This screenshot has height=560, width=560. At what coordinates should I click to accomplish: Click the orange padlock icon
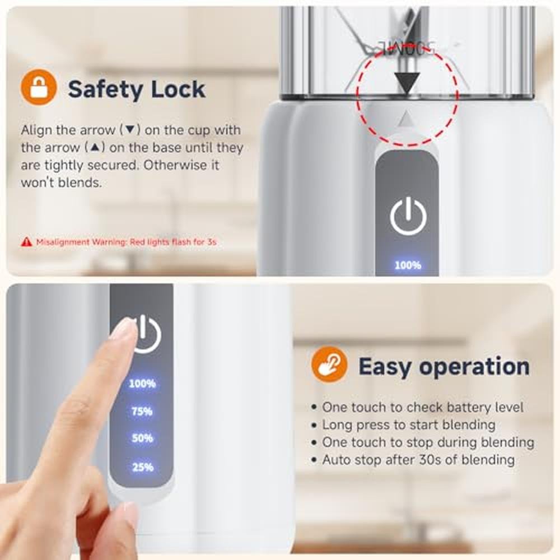[39, 87]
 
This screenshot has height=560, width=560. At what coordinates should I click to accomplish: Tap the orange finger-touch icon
[329, 365]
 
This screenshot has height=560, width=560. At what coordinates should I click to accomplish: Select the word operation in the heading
[474, 367]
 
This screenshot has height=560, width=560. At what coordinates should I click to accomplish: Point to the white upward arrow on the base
[405, 118]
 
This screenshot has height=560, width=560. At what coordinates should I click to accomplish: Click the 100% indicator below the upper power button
[408, 265]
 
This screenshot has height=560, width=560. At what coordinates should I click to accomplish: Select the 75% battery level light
[142, 412]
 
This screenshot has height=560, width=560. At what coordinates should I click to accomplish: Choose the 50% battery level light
[142, 438]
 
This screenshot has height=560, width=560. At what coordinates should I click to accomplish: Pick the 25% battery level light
[142, 467]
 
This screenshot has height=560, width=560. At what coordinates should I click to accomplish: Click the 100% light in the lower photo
[142, 384]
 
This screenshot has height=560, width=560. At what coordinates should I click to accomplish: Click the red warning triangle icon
[26, 242]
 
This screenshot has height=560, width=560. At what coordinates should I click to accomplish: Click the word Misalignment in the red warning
[63, 242]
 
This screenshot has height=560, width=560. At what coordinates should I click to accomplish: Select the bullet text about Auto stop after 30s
[418, 460]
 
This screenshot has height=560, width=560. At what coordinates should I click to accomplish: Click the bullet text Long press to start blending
[409, 425]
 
